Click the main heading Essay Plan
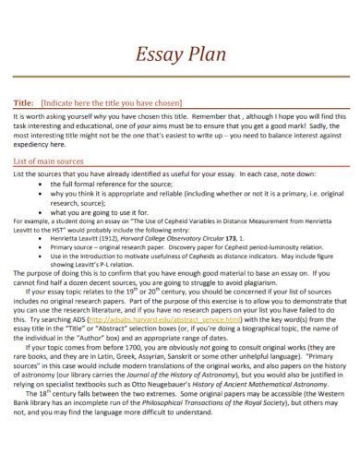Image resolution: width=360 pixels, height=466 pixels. click(x=180, y=54)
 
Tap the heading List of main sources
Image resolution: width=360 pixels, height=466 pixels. click(x=52, y=161)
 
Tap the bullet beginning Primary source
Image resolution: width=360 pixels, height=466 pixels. click(x=157, y=246)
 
